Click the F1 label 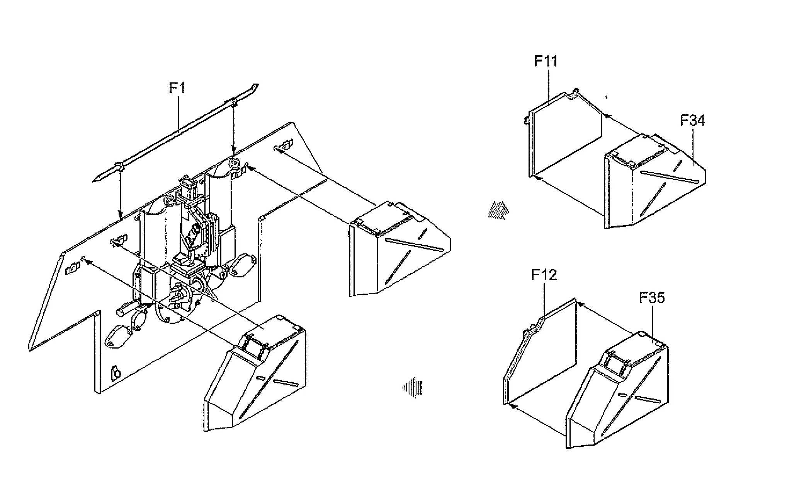(x=177, y=88)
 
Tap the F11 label (x=546, y=61)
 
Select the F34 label (x=692, y=120)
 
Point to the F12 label (x=544, y=275)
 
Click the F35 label (x=652, y=297)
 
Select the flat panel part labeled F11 (x=564, y=135)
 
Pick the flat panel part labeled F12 (x=541, y=352)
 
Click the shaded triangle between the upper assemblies (x=498, y=210)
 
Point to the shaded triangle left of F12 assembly (x=413, y=387)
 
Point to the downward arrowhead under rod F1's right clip (x=233, y=150)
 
